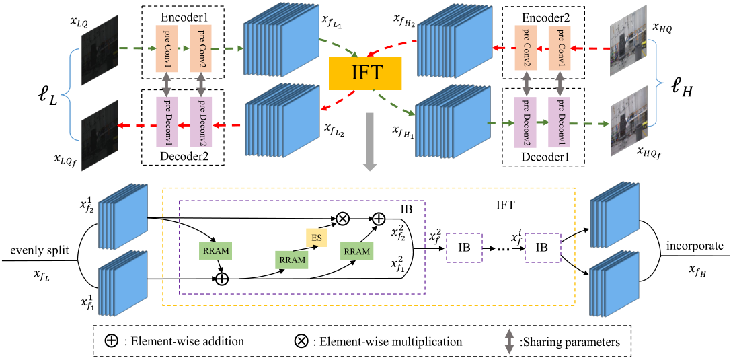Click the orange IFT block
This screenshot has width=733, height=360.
(365, 73)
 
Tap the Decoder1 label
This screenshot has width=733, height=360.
(543, 157)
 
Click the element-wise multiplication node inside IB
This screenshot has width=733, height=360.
(343, 218)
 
